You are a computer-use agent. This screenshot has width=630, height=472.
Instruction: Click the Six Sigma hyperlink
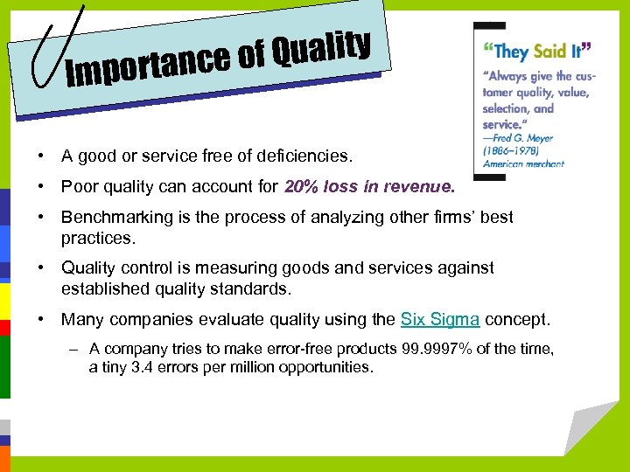click(x=439, y=319)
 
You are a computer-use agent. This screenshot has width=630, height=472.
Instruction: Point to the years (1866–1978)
click(x=511, y=150)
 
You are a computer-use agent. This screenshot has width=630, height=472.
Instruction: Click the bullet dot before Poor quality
click(x=41, y=186)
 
